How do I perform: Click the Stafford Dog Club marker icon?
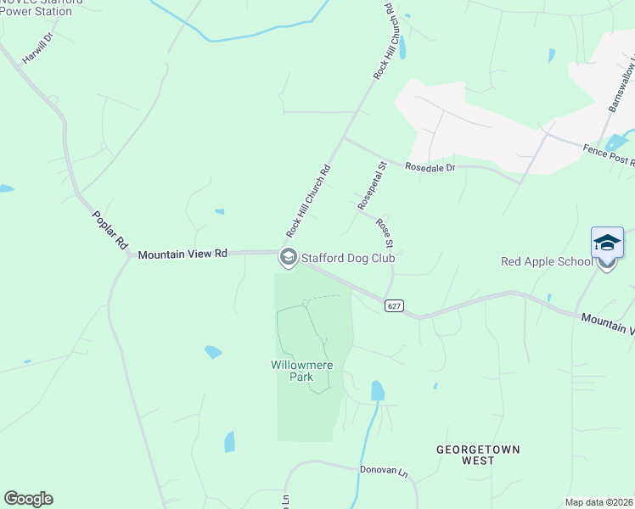point(288,257)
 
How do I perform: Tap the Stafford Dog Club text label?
point(348,257)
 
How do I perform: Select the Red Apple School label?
point(547,261)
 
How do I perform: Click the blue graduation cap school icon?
point(607,243)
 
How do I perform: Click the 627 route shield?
point(392,305)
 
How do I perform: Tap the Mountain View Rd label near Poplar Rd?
point(183,254)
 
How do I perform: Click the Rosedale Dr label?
point(430,167)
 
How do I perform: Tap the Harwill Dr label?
point(38,48)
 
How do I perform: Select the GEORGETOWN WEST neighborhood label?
point(478,455)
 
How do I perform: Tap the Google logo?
point(28,499)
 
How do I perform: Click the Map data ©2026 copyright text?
point(598,502)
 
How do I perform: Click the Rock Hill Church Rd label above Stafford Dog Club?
point(307,202)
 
